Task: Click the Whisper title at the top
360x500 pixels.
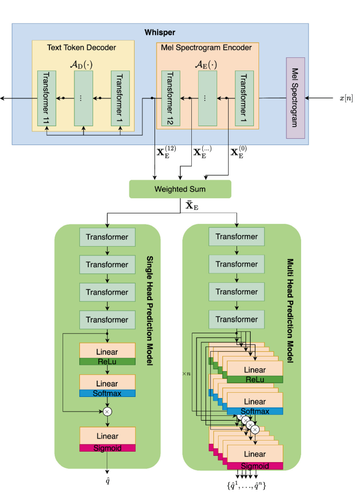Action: (x=160, y=33)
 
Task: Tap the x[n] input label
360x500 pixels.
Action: (x=345, y=98)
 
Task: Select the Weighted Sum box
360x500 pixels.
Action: (x=180, y=189)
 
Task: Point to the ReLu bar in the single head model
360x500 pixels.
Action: (x=107, y=361)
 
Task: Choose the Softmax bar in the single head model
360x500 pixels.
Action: (x=107, y=393)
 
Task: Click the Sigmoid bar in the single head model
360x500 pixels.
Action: (x=107, y=447)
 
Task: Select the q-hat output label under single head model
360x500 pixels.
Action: (x=108, y=481)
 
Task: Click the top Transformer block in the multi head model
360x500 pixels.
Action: (x=236, y=236)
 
